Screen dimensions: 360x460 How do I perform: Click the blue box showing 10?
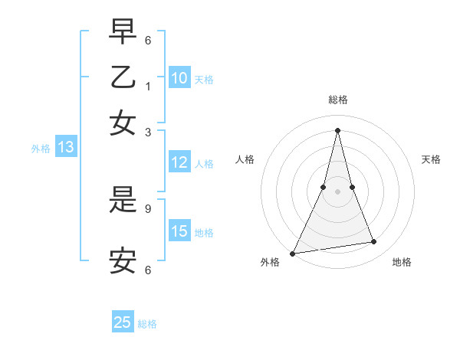click(x=179, y=78)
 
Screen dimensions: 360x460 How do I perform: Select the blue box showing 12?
click(x=179, y=162)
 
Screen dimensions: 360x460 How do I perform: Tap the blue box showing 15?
click(x=179, y=231)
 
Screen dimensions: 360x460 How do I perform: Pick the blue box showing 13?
click(x=65, y=148)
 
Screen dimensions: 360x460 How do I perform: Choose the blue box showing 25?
click(x=123, y=322)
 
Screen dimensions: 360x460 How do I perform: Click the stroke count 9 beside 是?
click(x=148, y=208)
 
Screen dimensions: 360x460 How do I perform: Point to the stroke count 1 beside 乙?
click(x=148, y=87)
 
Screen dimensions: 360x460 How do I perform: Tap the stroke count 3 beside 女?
click(x=148, y=132)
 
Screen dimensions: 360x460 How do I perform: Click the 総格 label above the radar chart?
click(x=337, y=100)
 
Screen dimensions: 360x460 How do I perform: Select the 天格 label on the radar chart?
click(x=431, y=159)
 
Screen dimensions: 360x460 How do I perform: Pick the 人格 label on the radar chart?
click(x=245, y=159)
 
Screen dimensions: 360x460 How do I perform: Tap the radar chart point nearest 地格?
click(x=374, y=242)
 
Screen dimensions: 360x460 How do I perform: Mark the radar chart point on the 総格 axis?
click(x=337, y=129)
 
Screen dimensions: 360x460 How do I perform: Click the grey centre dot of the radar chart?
click(x=337, y=191)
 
